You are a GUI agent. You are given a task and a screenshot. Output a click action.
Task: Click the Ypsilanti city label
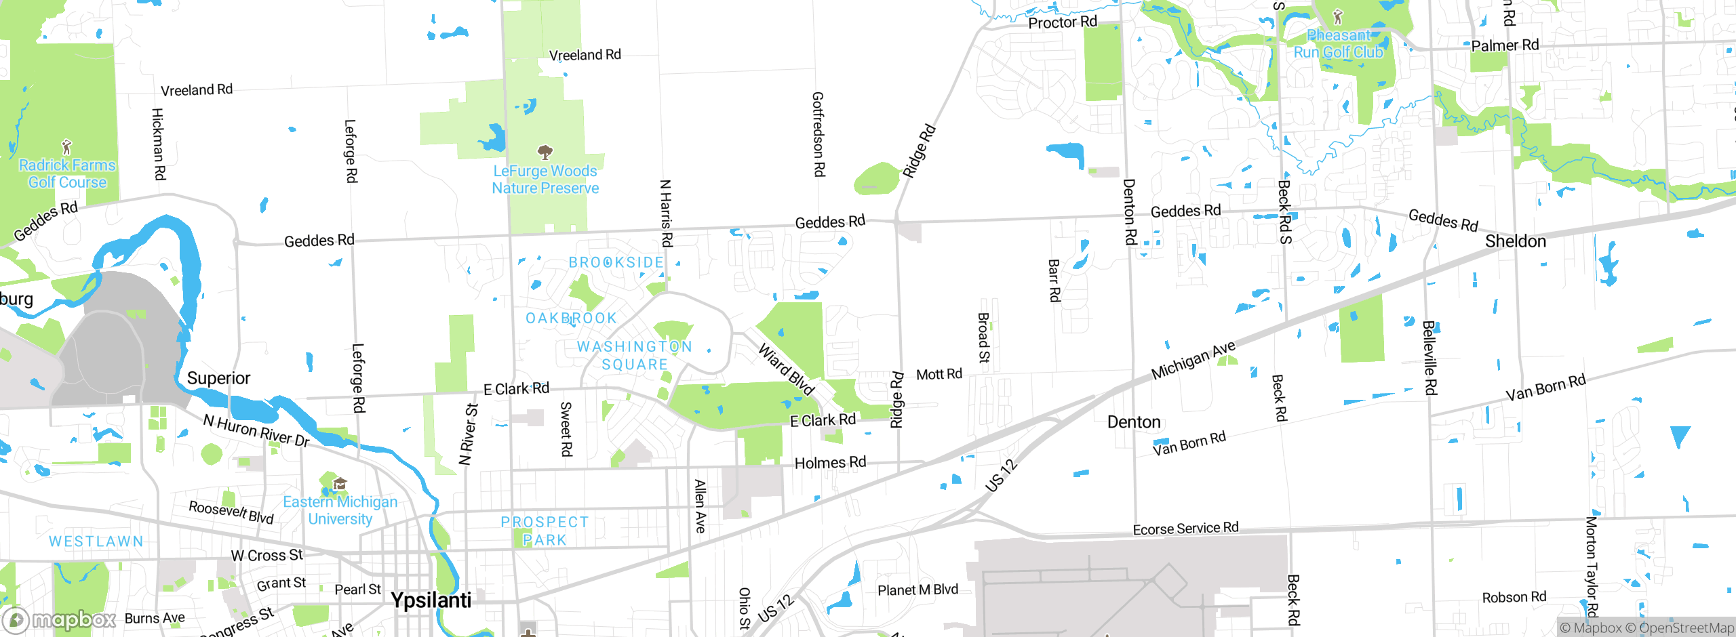point(431,600)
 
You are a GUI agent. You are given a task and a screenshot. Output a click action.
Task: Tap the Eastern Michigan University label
point(340,510)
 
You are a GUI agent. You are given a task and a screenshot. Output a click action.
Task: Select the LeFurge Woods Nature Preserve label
point(545,180)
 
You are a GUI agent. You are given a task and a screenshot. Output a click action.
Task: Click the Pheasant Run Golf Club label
point(1338,43)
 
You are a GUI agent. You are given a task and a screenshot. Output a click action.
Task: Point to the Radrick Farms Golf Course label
point(67,173)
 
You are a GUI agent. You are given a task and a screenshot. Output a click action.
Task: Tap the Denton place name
point(1134,422)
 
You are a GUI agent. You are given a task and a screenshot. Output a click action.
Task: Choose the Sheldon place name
point(1516,241)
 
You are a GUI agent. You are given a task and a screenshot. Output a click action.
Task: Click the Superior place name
point(218,378)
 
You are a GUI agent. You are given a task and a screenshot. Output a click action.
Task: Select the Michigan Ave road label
point(1193,361)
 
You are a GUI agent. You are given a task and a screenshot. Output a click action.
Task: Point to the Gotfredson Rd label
point(818,134)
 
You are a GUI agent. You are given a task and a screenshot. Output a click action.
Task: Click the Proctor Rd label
point(1062,22)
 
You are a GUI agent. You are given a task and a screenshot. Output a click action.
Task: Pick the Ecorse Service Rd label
point(1185,529)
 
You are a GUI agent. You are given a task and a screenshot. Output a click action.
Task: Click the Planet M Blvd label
point(918,590)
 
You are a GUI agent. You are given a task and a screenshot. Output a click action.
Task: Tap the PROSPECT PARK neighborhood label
point(545,531)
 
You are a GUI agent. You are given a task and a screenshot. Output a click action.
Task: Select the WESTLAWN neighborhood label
point(96,541)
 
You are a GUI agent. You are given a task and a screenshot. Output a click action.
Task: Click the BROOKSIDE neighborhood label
point(616,262)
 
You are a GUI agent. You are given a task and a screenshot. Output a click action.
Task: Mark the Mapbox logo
point(59,619)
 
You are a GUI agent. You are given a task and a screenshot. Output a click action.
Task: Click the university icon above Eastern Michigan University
point(340,484)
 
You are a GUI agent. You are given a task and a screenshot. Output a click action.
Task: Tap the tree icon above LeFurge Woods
point(545,151)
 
